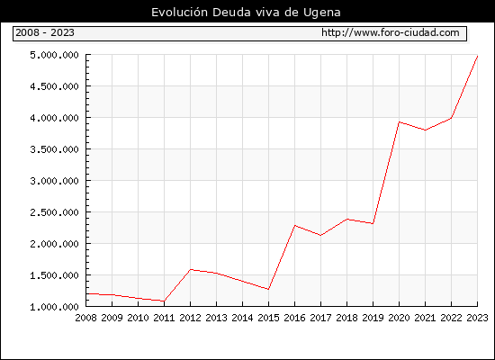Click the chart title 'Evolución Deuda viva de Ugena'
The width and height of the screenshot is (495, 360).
pyautogui.click(x=246, y=13)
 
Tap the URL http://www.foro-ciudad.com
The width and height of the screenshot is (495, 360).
pyautogui.click(x=391, y=32)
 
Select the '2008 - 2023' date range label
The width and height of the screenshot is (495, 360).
pyautogui.click(x=45, y=32)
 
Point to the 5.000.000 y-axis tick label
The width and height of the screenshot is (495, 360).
pyautogui.click(x=54, y=55)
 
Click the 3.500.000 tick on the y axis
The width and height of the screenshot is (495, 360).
pyautogui.click(x=54, y=149)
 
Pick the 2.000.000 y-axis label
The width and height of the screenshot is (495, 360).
pyautogui.click(x=54, y=244)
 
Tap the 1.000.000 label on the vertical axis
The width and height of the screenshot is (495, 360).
pyautogui.click(x=54, y=307)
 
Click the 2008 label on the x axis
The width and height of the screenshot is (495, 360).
pyautogui.click(x=85, y=318)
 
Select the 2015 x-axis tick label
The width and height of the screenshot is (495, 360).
pyautogui.click(x=269, y=318)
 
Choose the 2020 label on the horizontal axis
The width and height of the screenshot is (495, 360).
pyautogui.click(x=399, y=318)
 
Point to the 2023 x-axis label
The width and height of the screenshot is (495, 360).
pyautogui.click(x=477, y=318)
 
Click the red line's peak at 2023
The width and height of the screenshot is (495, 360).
pyautogui.click(x=477, y=56)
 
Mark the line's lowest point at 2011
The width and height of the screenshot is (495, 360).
pyautogui.click(x=164, y=301)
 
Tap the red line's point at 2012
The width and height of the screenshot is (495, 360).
pyautogui.click(x=191, y=269)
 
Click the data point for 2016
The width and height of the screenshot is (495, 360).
pyautogui.click(x=295, y=226)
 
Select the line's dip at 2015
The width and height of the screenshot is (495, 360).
pyautogui.click(x=269, y=289)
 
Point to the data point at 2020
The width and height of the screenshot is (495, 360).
pyautogui.click(x=399, y=121)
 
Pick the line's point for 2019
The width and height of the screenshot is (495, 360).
pyautogui.click(x=373, y=223)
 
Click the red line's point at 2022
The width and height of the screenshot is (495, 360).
pyautogui.click(x=452, y=118)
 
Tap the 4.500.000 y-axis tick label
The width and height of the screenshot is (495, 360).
pyautogui.click(x=54, y=86)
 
